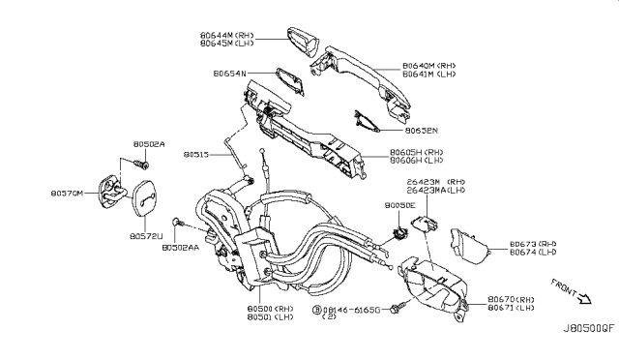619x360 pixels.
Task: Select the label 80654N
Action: (x=232, y=73)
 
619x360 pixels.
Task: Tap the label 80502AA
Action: (x=180, y=248)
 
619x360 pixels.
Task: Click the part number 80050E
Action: (x=398, y=206)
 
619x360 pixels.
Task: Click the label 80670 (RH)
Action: (x=512, y=300)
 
